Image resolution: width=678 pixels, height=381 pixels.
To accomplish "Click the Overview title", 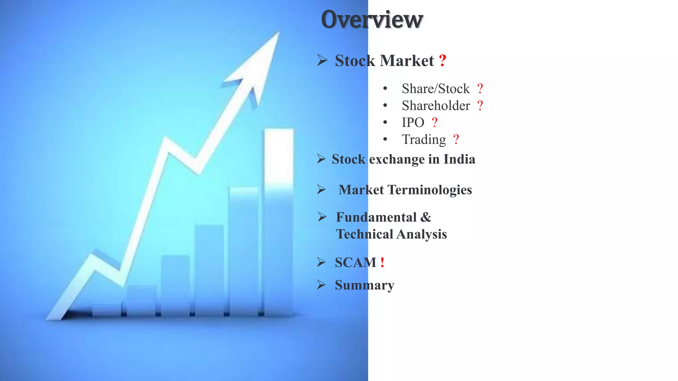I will coord(372,20).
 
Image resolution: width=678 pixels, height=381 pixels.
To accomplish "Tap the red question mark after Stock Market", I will coord(443,61).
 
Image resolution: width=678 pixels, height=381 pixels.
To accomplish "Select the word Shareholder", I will coord(436,106).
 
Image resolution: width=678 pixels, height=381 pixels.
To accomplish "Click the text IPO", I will coord(413,123).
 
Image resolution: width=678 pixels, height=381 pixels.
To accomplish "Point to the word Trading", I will coord(424,140).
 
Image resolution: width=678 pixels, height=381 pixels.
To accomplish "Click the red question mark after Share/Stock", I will coord(480,89).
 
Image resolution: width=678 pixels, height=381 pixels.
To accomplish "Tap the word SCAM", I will coord(356,263).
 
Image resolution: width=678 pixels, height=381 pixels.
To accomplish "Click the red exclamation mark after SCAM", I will coord(382,263).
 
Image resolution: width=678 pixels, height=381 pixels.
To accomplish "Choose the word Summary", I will coord(364,285).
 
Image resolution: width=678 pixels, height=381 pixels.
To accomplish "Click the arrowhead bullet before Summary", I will coord(321,285).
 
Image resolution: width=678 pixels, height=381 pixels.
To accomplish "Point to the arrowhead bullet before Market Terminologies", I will coord(321,190).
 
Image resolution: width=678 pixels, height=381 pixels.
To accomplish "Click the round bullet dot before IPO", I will coord(385,122).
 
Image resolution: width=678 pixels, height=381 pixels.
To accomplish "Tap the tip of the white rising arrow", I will coord(277,34).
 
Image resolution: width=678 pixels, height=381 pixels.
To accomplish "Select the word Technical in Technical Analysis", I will coord(364,234).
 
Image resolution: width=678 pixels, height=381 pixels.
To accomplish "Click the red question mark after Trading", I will coord(456,140).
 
